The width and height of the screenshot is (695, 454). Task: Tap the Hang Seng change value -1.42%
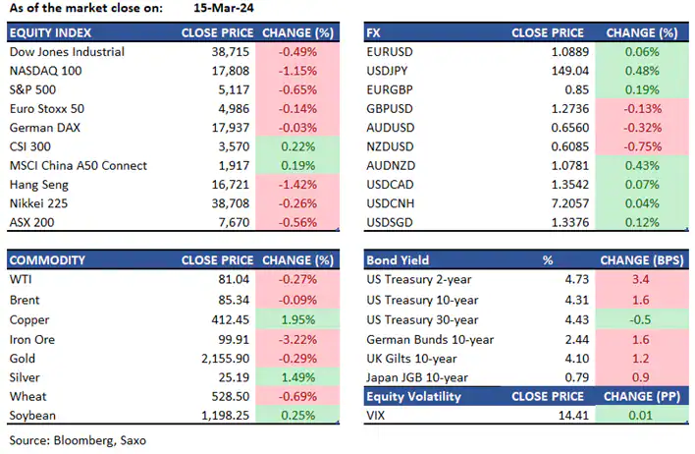click(x=294, y=185)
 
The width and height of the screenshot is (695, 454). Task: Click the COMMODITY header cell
click(x=46, y=261)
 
